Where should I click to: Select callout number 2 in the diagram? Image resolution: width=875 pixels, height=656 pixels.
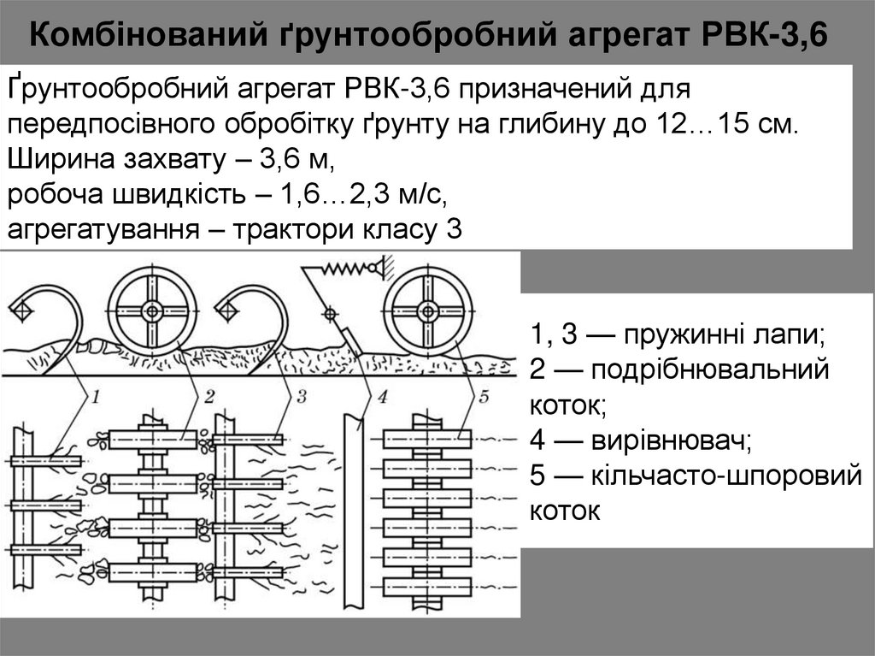(208, 397)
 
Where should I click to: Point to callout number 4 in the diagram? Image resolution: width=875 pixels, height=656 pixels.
(381, 397)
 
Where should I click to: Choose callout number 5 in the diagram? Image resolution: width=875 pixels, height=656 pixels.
(484, 397)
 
